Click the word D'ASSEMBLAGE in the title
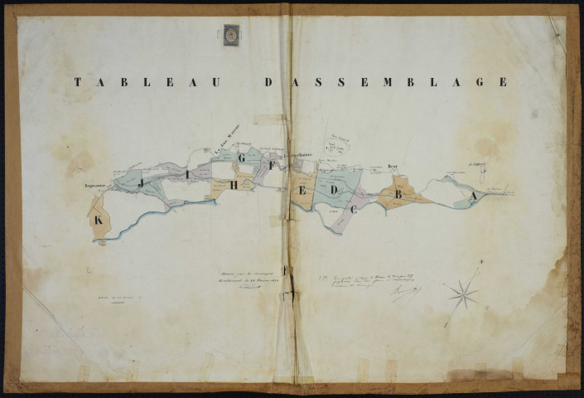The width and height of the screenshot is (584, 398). [385, 82]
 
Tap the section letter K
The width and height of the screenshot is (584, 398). [99, 221]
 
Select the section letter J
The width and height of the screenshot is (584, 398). [142, 181]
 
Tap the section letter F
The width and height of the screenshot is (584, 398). [272, 165]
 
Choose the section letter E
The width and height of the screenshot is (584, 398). [303, 191]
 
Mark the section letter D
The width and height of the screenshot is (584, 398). [333, 191]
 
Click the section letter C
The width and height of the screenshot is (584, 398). [354, 210]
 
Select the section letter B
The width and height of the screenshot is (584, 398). [398, 195]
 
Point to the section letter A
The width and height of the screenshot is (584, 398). [473, 197]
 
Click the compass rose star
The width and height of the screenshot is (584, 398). [463, 293]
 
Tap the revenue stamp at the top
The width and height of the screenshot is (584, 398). [231, 35]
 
